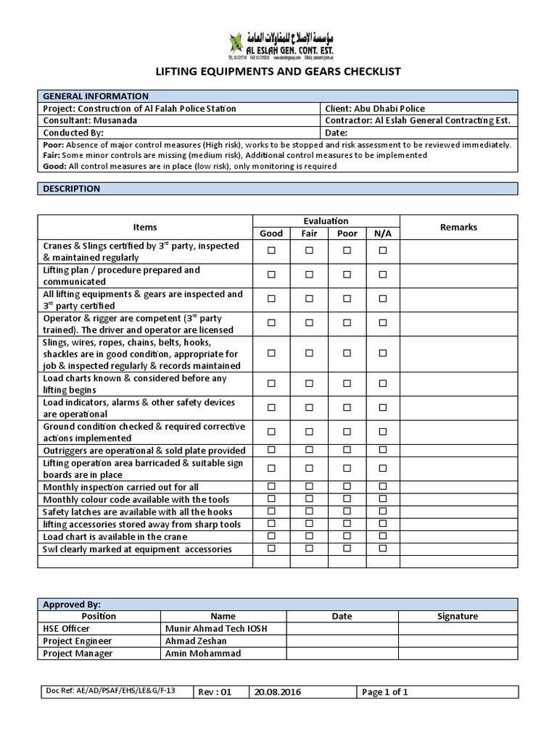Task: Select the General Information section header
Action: [96, 96]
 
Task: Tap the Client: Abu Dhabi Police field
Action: [376, 108]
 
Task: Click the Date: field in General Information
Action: [337, 133]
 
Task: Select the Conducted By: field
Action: [74, 133]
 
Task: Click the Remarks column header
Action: [458, 227]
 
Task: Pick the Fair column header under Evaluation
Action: [309, 233]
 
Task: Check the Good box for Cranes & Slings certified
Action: [272, 250]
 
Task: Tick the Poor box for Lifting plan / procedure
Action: [347, 275]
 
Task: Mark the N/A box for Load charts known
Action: [383, 383]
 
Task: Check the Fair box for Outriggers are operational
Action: [309, 450]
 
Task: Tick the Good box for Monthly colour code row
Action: [272, 499]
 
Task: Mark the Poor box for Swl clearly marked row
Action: [347, 549]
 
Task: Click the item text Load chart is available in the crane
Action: [115, 536]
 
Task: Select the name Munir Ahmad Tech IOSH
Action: [216, 628]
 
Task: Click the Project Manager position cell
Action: [78, 653]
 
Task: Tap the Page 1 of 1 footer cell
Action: [385, 692]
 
